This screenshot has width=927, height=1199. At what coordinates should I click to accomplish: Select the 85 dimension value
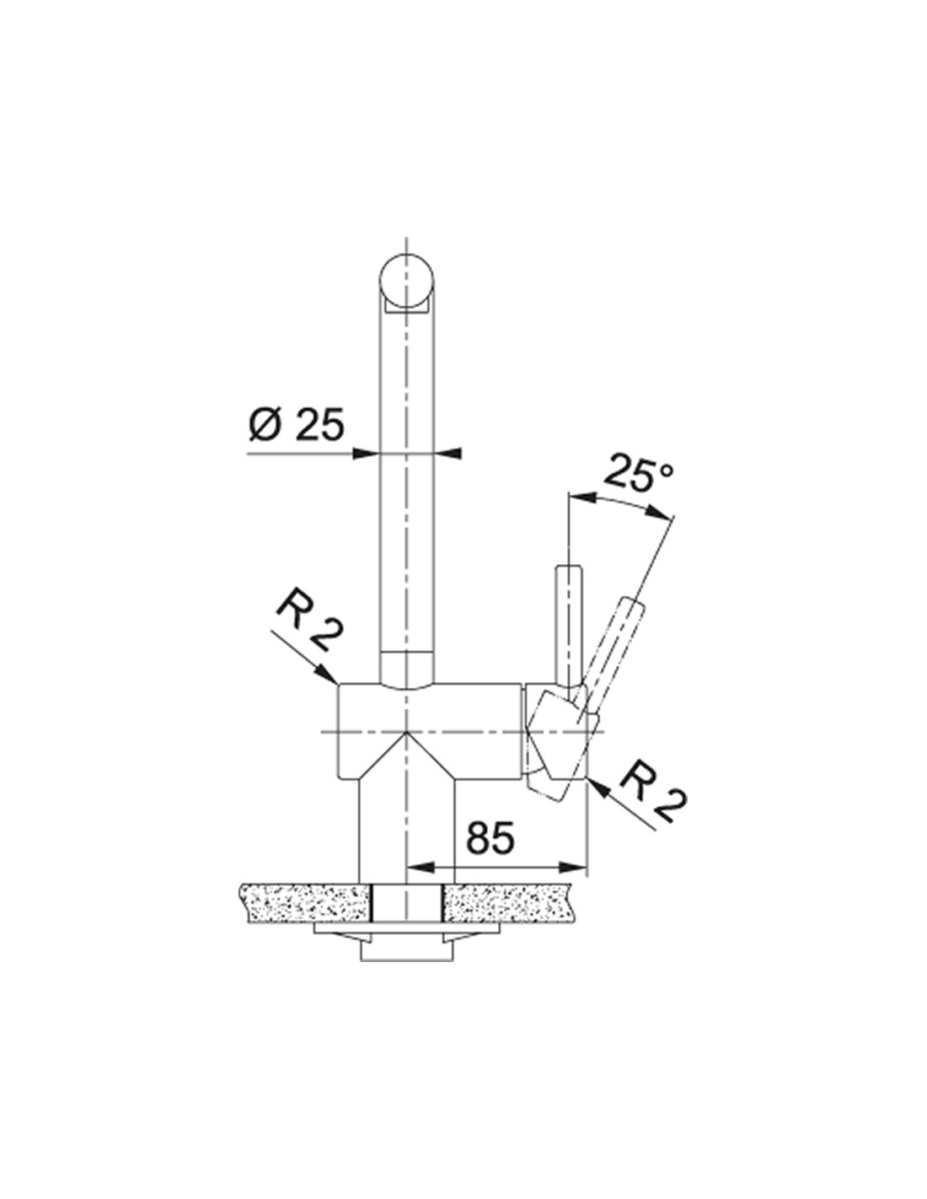(x=490, y=847)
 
